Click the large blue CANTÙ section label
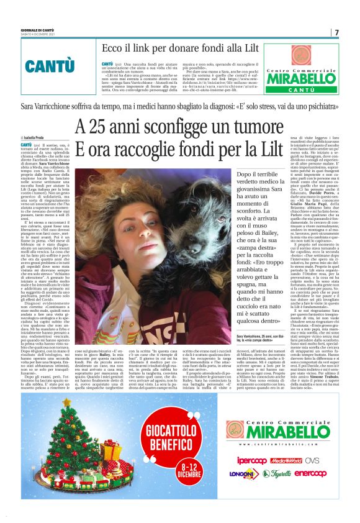pyautogui.click(x=47, y=65)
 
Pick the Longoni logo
pyautogui.click(x=245, y=474)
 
